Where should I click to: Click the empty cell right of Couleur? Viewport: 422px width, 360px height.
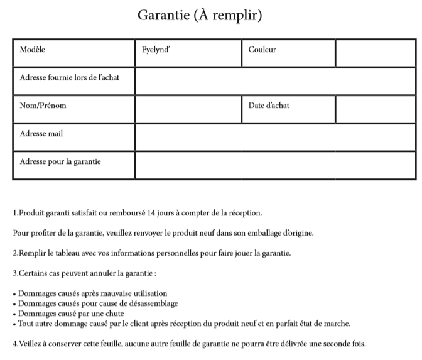pos(375,53)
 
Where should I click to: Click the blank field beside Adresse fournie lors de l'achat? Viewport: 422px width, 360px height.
pos(274,81)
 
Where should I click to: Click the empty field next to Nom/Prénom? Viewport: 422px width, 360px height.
pos(187,109)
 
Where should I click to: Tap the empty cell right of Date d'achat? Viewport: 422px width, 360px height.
pos(375,109)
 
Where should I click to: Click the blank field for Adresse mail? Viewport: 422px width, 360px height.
pos(274,137)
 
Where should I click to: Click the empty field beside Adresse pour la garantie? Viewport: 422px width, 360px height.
pos(274,165)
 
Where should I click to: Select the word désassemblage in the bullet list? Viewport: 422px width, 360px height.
pos(153,303)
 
